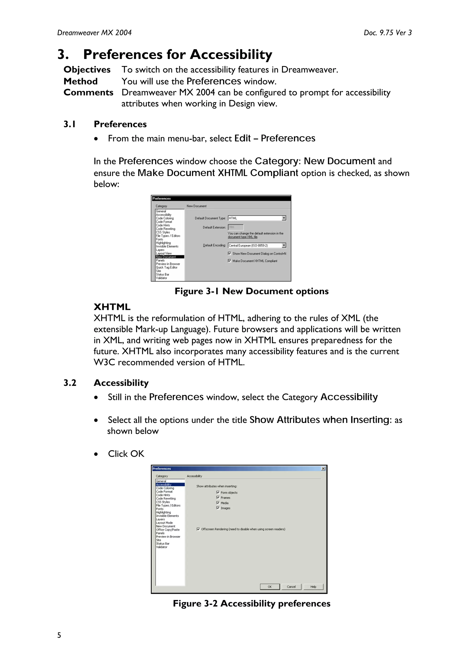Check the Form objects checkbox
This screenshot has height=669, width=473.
coord(218,492)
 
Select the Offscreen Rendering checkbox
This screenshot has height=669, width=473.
coord(198,529)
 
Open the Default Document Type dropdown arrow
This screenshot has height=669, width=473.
coord(284,218)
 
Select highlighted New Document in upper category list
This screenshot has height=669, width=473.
coord(166,257)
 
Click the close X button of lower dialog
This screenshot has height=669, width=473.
coord(323,469)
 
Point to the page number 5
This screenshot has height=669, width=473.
coord(59,635)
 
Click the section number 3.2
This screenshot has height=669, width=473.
coord(70,383)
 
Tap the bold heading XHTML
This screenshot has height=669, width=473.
coord(112,307)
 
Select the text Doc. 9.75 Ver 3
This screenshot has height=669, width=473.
coord(387,33)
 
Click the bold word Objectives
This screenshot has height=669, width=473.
coord(87,70)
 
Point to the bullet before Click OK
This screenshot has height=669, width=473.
coord(96,454)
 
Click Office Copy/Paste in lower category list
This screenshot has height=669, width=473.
coord(168,530)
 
